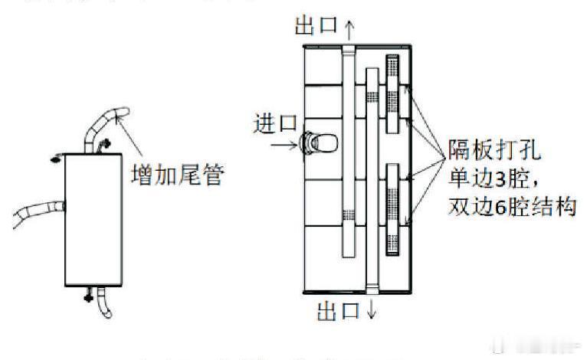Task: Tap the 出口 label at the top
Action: pos(316,25)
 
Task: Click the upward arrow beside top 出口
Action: pos(350,28)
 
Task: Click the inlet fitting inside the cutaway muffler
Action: pos(316,142)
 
